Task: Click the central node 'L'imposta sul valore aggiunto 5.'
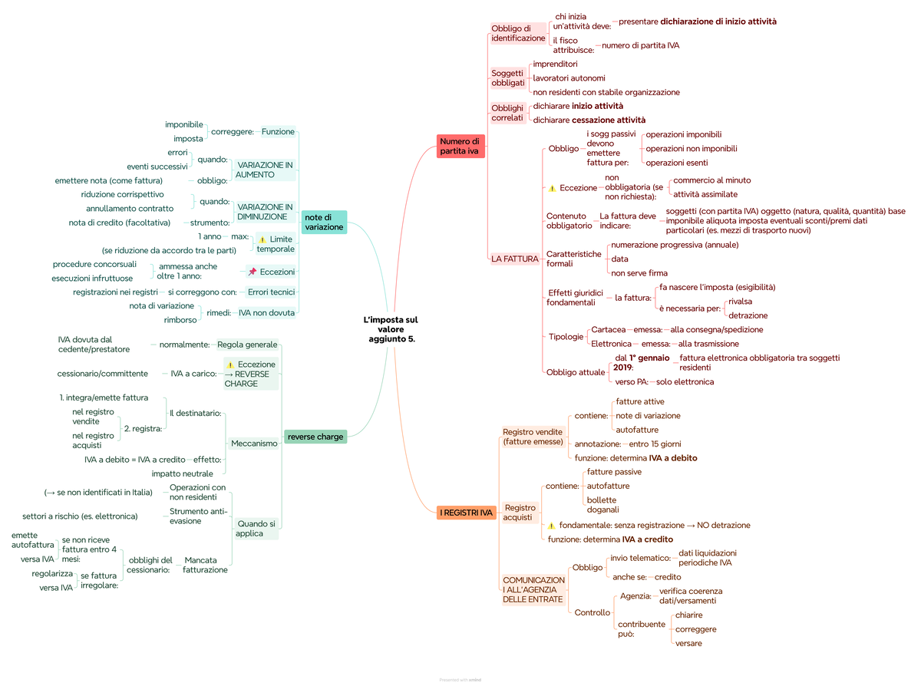(x=391, y=329)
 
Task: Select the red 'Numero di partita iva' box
(x=460, y=146)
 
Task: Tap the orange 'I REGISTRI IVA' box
(x=466, y=513)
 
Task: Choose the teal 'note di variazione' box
(x=324, y=223)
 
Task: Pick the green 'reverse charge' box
(x=315, y=437)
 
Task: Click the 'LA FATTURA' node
(x=514, y=259)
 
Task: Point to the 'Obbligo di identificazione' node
(x=518, y=33)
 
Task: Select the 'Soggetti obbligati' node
(x=508, y=78)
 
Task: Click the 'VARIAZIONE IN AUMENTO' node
(x=265, y=170)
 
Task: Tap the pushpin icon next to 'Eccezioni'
(x=252, y=272)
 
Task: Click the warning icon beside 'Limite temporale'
(x=262, y=239)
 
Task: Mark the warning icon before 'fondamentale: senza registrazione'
(x=551, y=526)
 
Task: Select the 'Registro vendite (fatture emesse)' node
(x=533, y=437)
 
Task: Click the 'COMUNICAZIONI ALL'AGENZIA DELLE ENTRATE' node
(x=533, y=589)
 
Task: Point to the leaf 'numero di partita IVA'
(x=640, y=45)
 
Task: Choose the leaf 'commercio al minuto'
(x=711, y=180)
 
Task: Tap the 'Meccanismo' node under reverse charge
(x=254, y=444)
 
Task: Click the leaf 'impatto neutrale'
(x=182, y=473)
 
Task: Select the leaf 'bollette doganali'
(x=602, y=505)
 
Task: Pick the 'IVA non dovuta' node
(x=266, y=312)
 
